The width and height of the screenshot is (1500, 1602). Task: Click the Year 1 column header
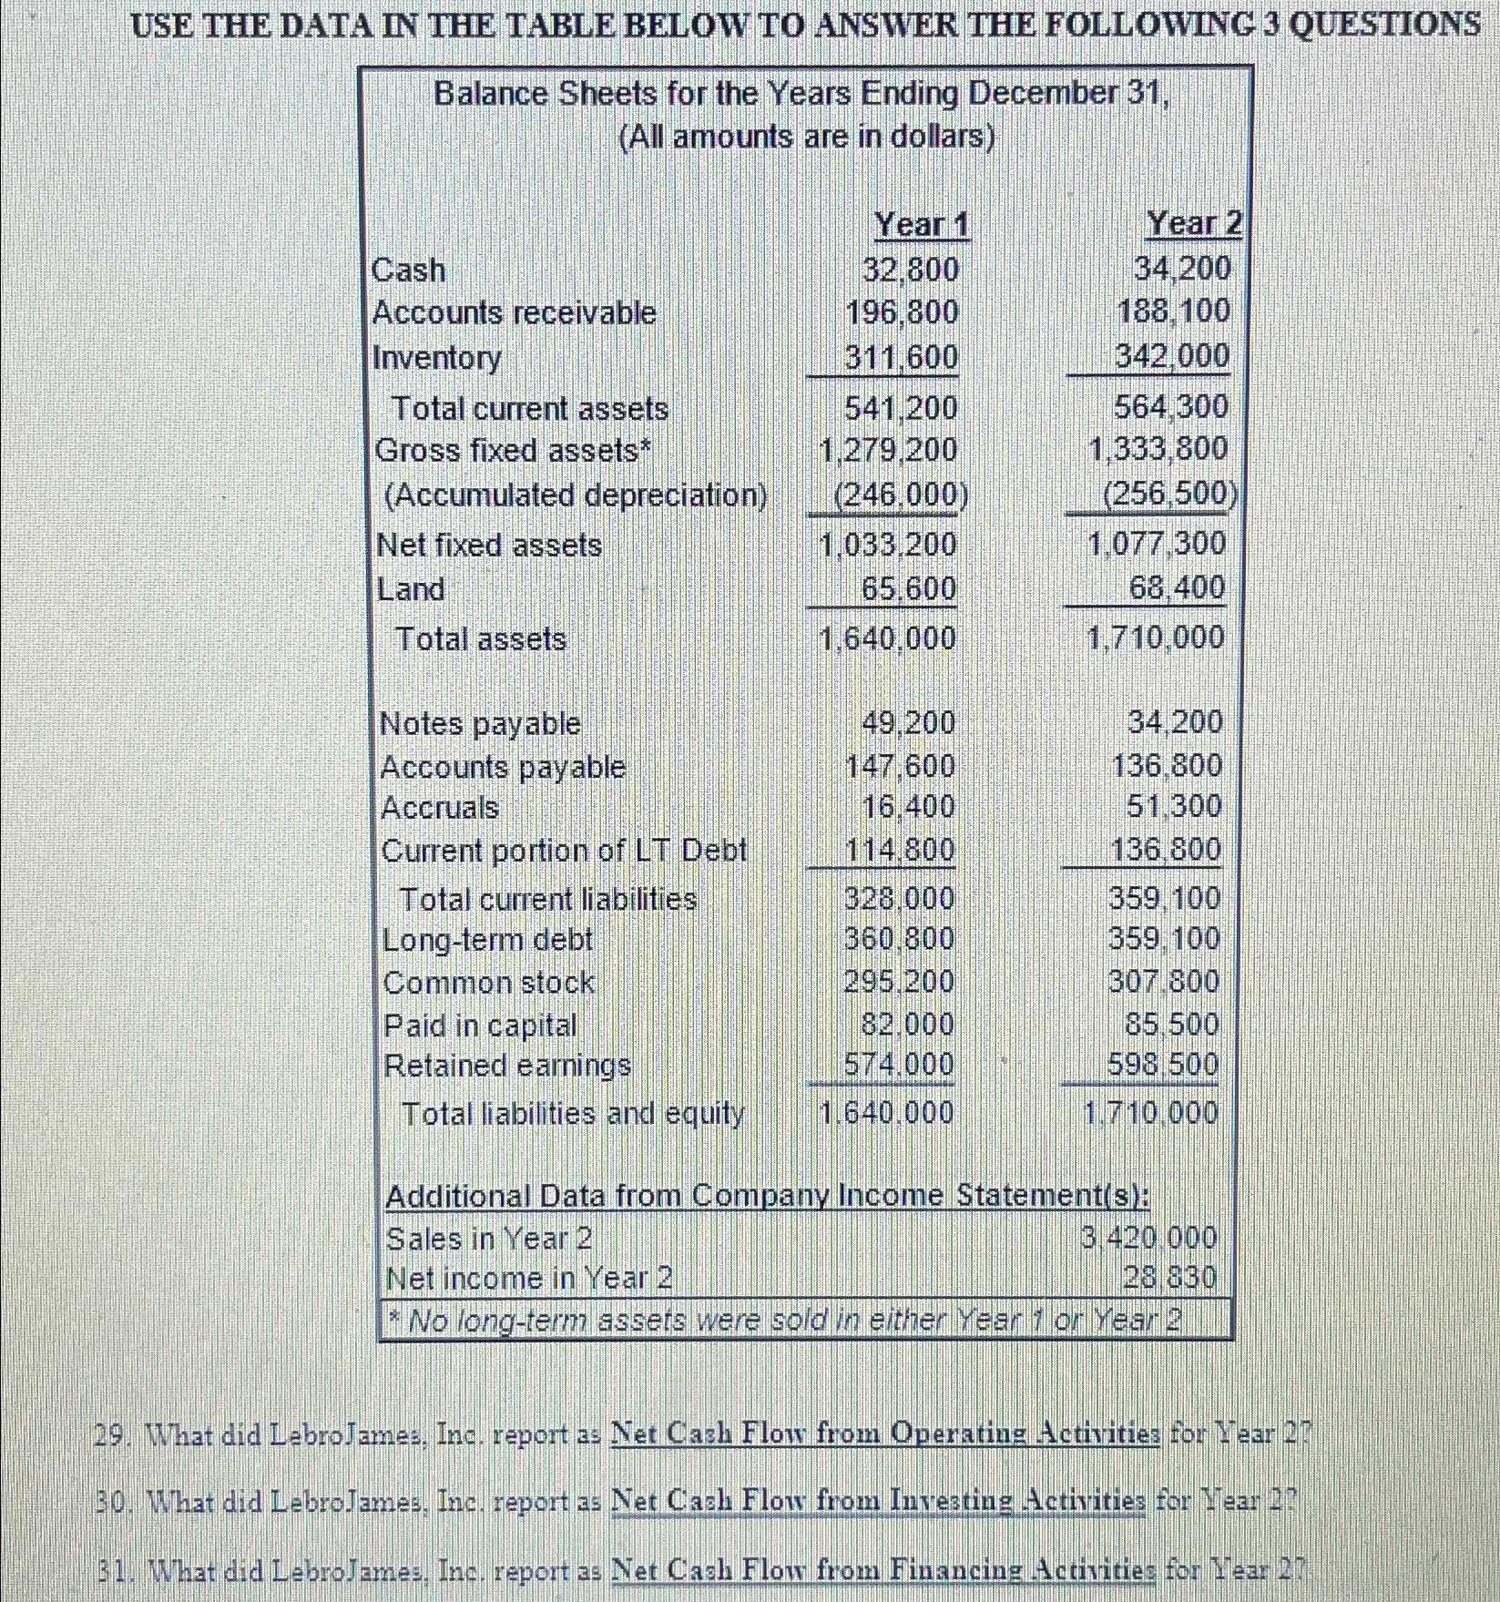[x=922, y=224]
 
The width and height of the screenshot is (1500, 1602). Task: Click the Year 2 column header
[x=1193, y=222]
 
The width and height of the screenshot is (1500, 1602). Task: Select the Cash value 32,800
[x=910, y=270]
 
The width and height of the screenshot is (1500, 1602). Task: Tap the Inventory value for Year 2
[x=1172, y=355]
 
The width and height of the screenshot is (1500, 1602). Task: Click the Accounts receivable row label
[x=515, y=312]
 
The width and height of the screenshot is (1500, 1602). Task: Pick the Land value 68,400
[x=1177, y=587]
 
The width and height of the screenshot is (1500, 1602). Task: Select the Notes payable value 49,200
[x=908, y=722]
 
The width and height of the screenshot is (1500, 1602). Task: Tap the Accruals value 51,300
[x=1174, y=806]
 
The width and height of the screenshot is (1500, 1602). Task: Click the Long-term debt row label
[x=487, y=939]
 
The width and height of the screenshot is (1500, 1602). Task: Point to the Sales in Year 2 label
[x=489, y=1238]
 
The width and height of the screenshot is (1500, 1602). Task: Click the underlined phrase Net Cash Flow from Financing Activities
[x=884, y=1569]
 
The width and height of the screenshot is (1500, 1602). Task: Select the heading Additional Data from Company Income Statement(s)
[x=768, y=1195]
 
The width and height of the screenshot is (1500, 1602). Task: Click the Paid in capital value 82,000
[x=907, y=1024]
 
